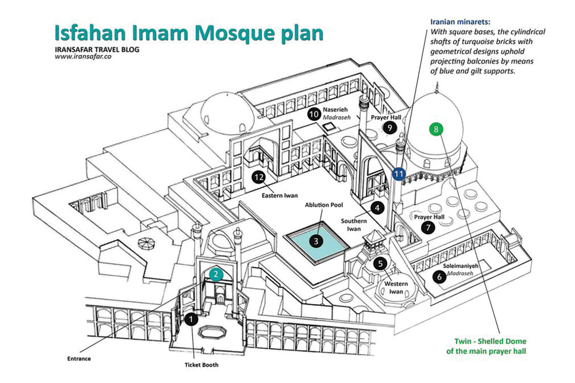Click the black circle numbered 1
click(191, 319)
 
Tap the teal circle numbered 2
click(216, 274)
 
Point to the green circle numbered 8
click(436, 129)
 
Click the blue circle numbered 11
click(399, 174)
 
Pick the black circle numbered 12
click(259, 177)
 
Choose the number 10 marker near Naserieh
click(314, 114)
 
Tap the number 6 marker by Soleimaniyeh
click(439, 277)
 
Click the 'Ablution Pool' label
click(324, 205)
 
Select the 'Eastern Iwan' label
click(279, 195)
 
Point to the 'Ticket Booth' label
click(201, 365)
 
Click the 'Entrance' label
click(79, 358)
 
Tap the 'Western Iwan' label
click(396, 288)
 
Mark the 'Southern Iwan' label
click(354, 225)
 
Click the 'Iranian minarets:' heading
click(460, 22)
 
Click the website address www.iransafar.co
click(83, 56)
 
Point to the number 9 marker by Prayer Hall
click(390, 127)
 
